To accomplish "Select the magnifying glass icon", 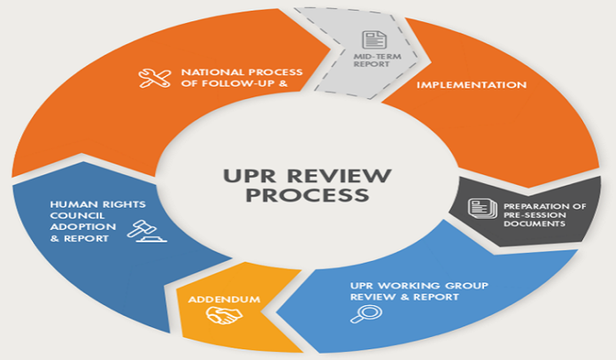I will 360,314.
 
